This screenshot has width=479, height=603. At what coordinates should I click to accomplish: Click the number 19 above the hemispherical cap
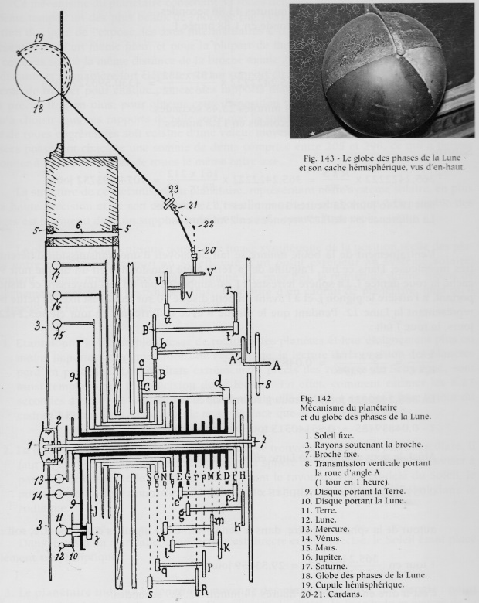tap(39, 37)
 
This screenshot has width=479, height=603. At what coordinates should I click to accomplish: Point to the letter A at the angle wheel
tap(276, 363)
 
